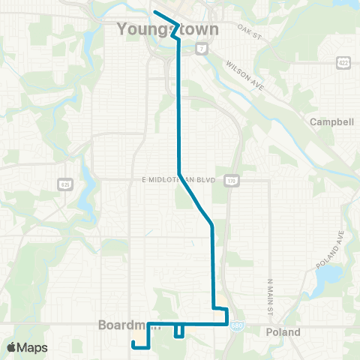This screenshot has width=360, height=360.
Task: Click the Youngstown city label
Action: tap(168, 30)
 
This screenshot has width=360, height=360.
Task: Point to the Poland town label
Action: tap(283, 332)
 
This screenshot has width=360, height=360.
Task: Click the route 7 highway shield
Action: tap(202, 49)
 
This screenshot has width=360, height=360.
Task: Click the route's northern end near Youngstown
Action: tap(155, 12)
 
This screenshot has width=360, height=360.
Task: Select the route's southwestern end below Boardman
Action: tap(133, 343)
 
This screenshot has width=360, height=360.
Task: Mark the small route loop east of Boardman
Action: tap(179, 331)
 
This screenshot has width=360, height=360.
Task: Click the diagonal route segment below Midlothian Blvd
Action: tap(196, 200)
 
